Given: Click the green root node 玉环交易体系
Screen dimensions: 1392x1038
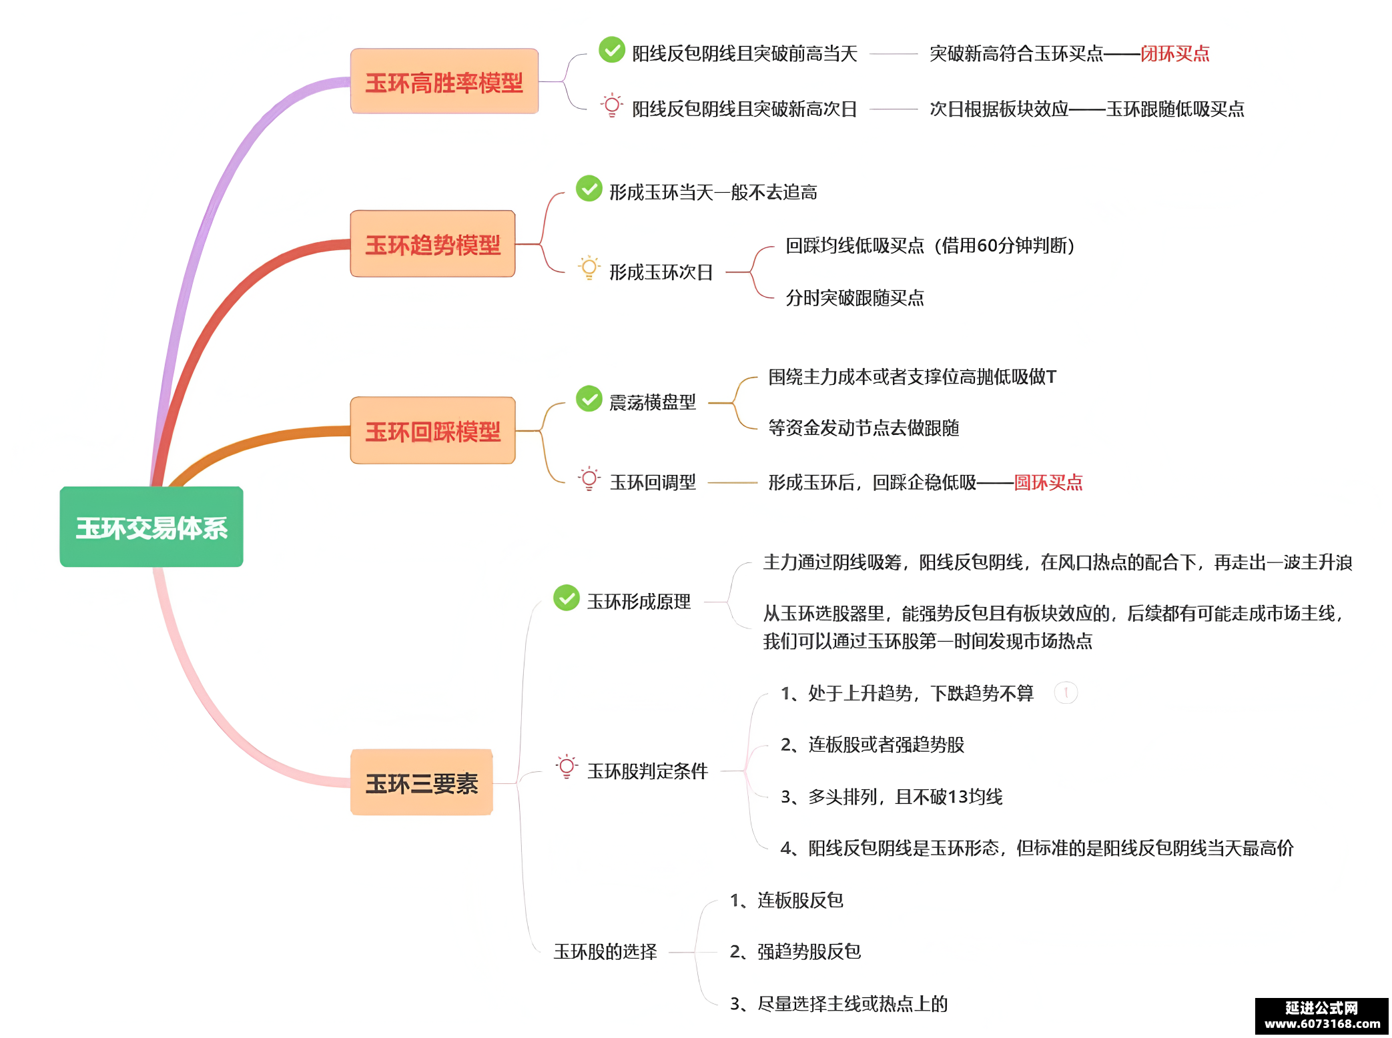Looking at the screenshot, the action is (151, 527).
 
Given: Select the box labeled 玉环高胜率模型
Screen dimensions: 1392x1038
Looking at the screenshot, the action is (444, 81).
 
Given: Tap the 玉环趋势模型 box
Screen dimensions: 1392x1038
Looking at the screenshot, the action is (433, 243).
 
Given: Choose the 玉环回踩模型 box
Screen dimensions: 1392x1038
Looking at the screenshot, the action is (433, 430).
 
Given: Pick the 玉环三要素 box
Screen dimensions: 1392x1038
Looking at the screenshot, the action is (422, 783).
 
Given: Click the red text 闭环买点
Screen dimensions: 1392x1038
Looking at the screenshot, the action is (1175, 53).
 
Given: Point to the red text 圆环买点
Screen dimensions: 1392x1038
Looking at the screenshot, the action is (1048, 482).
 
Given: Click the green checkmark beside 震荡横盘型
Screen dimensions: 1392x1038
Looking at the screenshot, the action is (589, 399).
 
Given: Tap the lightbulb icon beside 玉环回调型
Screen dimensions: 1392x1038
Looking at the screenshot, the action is (589, 479).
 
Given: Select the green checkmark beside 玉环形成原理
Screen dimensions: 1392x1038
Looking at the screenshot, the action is (567, 598).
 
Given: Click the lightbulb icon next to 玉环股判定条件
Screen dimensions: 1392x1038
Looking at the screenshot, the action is (567, 767).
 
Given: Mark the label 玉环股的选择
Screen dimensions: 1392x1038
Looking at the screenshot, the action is (605, 952).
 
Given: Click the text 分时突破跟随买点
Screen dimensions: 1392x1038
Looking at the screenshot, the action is (855, 298).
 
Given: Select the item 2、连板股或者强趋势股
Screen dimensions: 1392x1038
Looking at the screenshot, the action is (872, 744).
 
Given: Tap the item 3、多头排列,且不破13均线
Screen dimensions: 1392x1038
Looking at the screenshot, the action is (892, 797).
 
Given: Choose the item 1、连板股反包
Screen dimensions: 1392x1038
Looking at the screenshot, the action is (787, 901).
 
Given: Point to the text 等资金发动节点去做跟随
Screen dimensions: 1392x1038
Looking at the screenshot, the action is (863, 428).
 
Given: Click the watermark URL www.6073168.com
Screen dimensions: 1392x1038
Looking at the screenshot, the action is (1323, 1024).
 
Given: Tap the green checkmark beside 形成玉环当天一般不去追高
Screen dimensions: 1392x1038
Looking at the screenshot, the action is (589, 188).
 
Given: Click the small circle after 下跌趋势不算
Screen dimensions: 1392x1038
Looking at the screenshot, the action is (1066, 693).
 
